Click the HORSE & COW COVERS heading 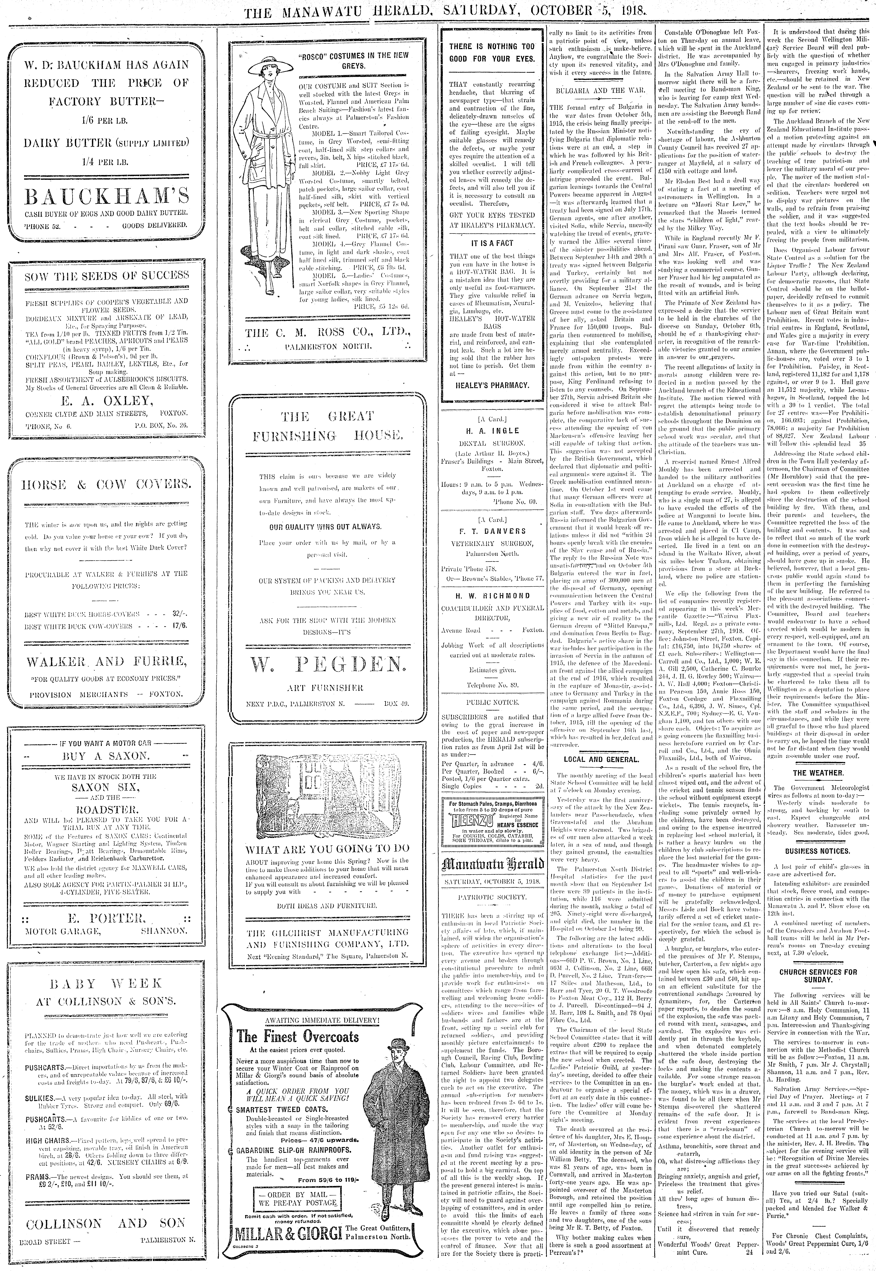pyautogui.click(x=107, y=485)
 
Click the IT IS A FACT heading pyautogui.click(x=492, y=243)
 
